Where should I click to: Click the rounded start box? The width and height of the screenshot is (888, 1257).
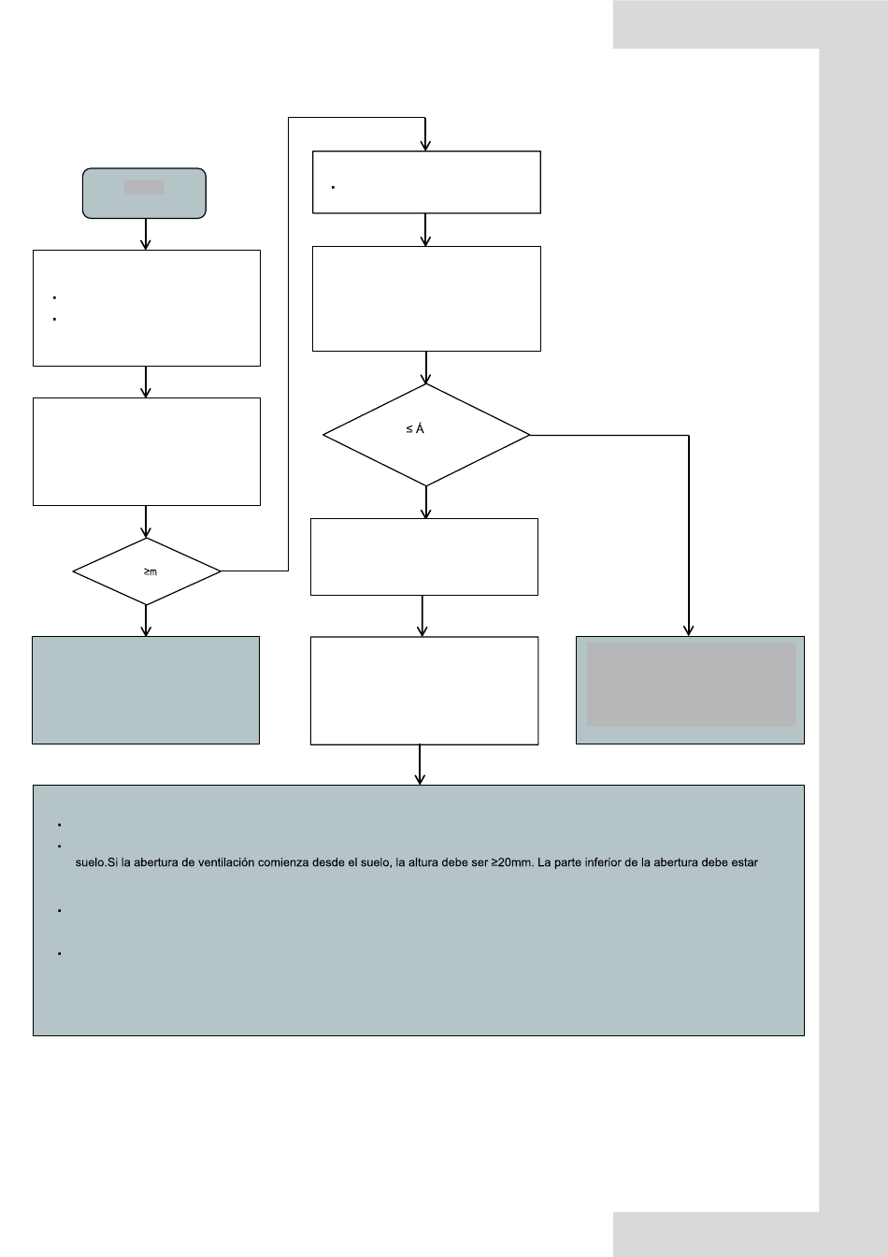(x=144, y=193)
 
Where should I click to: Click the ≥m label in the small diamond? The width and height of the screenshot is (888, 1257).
(x=150, y=571)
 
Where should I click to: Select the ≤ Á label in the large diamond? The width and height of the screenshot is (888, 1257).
(x=415, y=428)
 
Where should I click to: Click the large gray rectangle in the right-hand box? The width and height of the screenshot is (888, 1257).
(x=691, y=685)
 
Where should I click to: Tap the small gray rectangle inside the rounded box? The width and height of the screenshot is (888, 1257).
(x=144, y=187)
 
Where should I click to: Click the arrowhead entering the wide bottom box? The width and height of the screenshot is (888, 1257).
(x=420, y=779)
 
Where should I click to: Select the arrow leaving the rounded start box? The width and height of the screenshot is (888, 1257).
(x=146, y=234)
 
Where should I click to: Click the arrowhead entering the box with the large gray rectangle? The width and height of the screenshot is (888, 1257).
(x=689, y=630)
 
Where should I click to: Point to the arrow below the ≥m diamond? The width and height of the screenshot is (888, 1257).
(x=146, y=621)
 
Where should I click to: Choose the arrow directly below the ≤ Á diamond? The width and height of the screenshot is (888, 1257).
(x=425, y=502)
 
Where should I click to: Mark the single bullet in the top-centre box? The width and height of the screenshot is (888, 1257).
(x=333, y=187)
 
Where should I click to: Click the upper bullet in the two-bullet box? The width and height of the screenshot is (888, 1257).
(x=54, y=297)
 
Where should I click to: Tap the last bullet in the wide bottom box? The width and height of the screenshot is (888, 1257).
(x=60, y=953)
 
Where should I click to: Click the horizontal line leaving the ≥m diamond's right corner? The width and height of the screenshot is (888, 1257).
(x=254, y=571)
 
